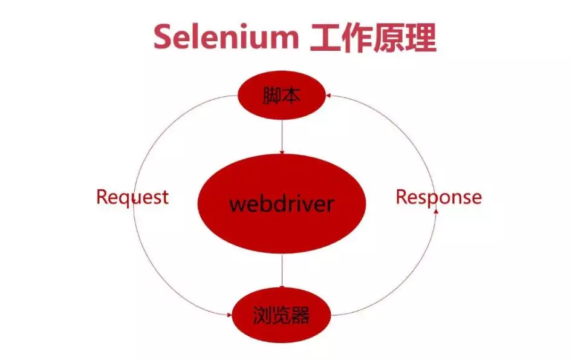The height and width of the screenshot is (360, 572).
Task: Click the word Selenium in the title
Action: tap(225, 38)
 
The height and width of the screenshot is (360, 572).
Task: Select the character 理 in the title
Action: tap(421, 38)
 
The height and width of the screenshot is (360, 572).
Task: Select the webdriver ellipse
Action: tap(282, 204)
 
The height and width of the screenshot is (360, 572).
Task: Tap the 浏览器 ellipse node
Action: tap(282, 315)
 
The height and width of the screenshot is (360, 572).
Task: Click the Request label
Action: tap(132, 197)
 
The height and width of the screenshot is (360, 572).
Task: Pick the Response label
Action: tap(438, 197)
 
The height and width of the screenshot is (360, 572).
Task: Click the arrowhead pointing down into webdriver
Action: tap(282, 151)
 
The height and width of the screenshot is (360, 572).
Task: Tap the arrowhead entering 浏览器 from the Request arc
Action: tap(228, 314)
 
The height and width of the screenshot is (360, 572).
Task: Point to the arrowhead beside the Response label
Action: tap(436, 212)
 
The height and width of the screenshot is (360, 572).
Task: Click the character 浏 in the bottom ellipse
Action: tap(262, 315)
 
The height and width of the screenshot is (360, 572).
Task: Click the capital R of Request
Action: tap(102, 197)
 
